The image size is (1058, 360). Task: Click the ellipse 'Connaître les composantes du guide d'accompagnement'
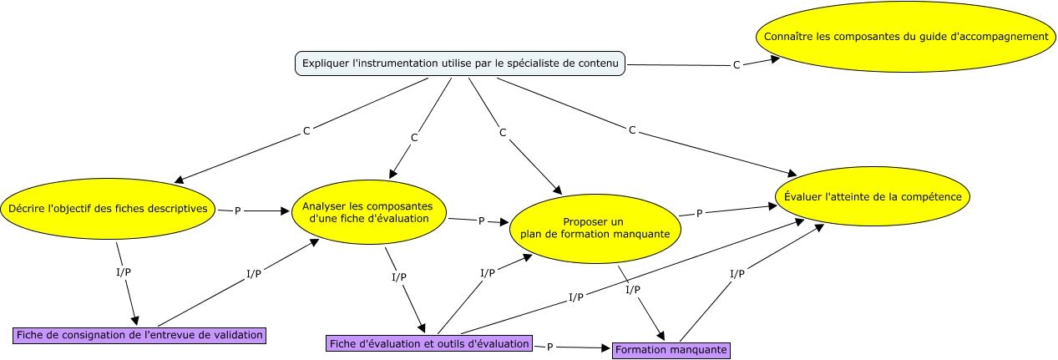click(x=905, y=37)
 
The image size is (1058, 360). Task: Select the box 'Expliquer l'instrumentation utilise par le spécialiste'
click(x=461, y=63)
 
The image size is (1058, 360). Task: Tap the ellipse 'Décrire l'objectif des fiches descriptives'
click(x=108, y=209)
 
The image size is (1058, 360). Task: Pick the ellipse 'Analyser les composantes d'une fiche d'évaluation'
click(x=368, y=212)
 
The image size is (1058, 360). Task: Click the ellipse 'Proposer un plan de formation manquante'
click(x=594, y=228)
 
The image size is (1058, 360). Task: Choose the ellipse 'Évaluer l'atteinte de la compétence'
click(x=873, y=197)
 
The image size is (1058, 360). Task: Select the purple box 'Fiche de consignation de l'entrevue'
click(x=139, y=335)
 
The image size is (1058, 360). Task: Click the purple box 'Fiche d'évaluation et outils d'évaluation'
click(x=429, y=343)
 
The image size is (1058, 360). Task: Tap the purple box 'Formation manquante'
click(x=671, y=350)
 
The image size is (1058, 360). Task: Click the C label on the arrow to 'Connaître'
click(x=736, y=65)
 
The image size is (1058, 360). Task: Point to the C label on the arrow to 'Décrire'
click(x=306, y=131)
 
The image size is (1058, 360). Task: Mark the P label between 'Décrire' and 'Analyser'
click(x=238, y=211)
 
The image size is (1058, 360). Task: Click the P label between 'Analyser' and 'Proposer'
click(x=481, y=221)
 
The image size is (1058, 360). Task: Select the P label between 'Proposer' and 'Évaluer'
click(x=699, y=213)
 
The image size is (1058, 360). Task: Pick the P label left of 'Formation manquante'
click(x=549, y=347)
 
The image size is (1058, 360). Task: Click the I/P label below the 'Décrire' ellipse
click(x=122, y=272)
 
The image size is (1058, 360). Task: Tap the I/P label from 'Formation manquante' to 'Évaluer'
click(x=737, y=274)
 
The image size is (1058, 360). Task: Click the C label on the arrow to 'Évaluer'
click(x=632, y=129)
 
